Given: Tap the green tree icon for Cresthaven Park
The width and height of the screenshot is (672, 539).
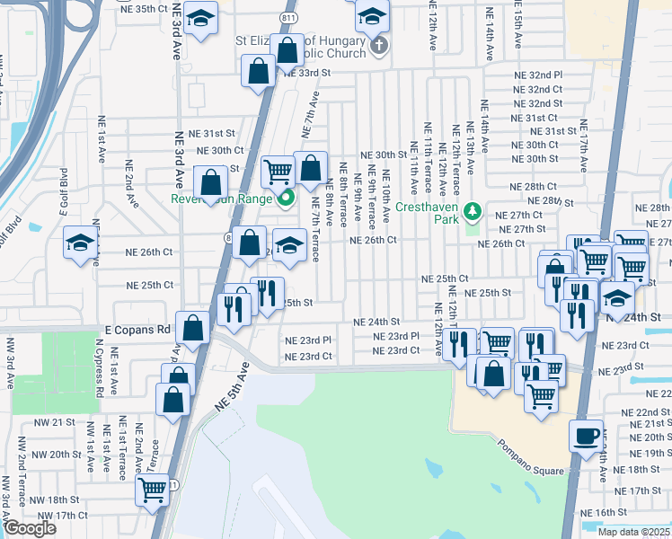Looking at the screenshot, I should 474,213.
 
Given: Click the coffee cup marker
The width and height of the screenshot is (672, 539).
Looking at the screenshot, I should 587,436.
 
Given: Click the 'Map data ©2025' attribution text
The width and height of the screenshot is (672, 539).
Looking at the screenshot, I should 634,532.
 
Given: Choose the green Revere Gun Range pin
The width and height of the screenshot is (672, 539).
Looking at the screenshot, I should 287,199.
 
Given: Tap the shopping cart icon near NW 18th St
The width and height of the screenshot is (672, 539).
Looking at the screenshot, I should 153,490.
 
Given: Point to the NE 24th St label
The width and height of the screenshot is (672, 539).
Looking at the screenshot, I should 376,322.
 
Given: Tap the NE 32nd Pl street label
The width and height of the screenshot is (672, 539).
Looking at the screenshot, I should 537,75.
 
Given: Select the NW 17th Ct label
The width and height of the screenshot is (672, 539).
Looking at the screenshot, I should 58,515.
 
